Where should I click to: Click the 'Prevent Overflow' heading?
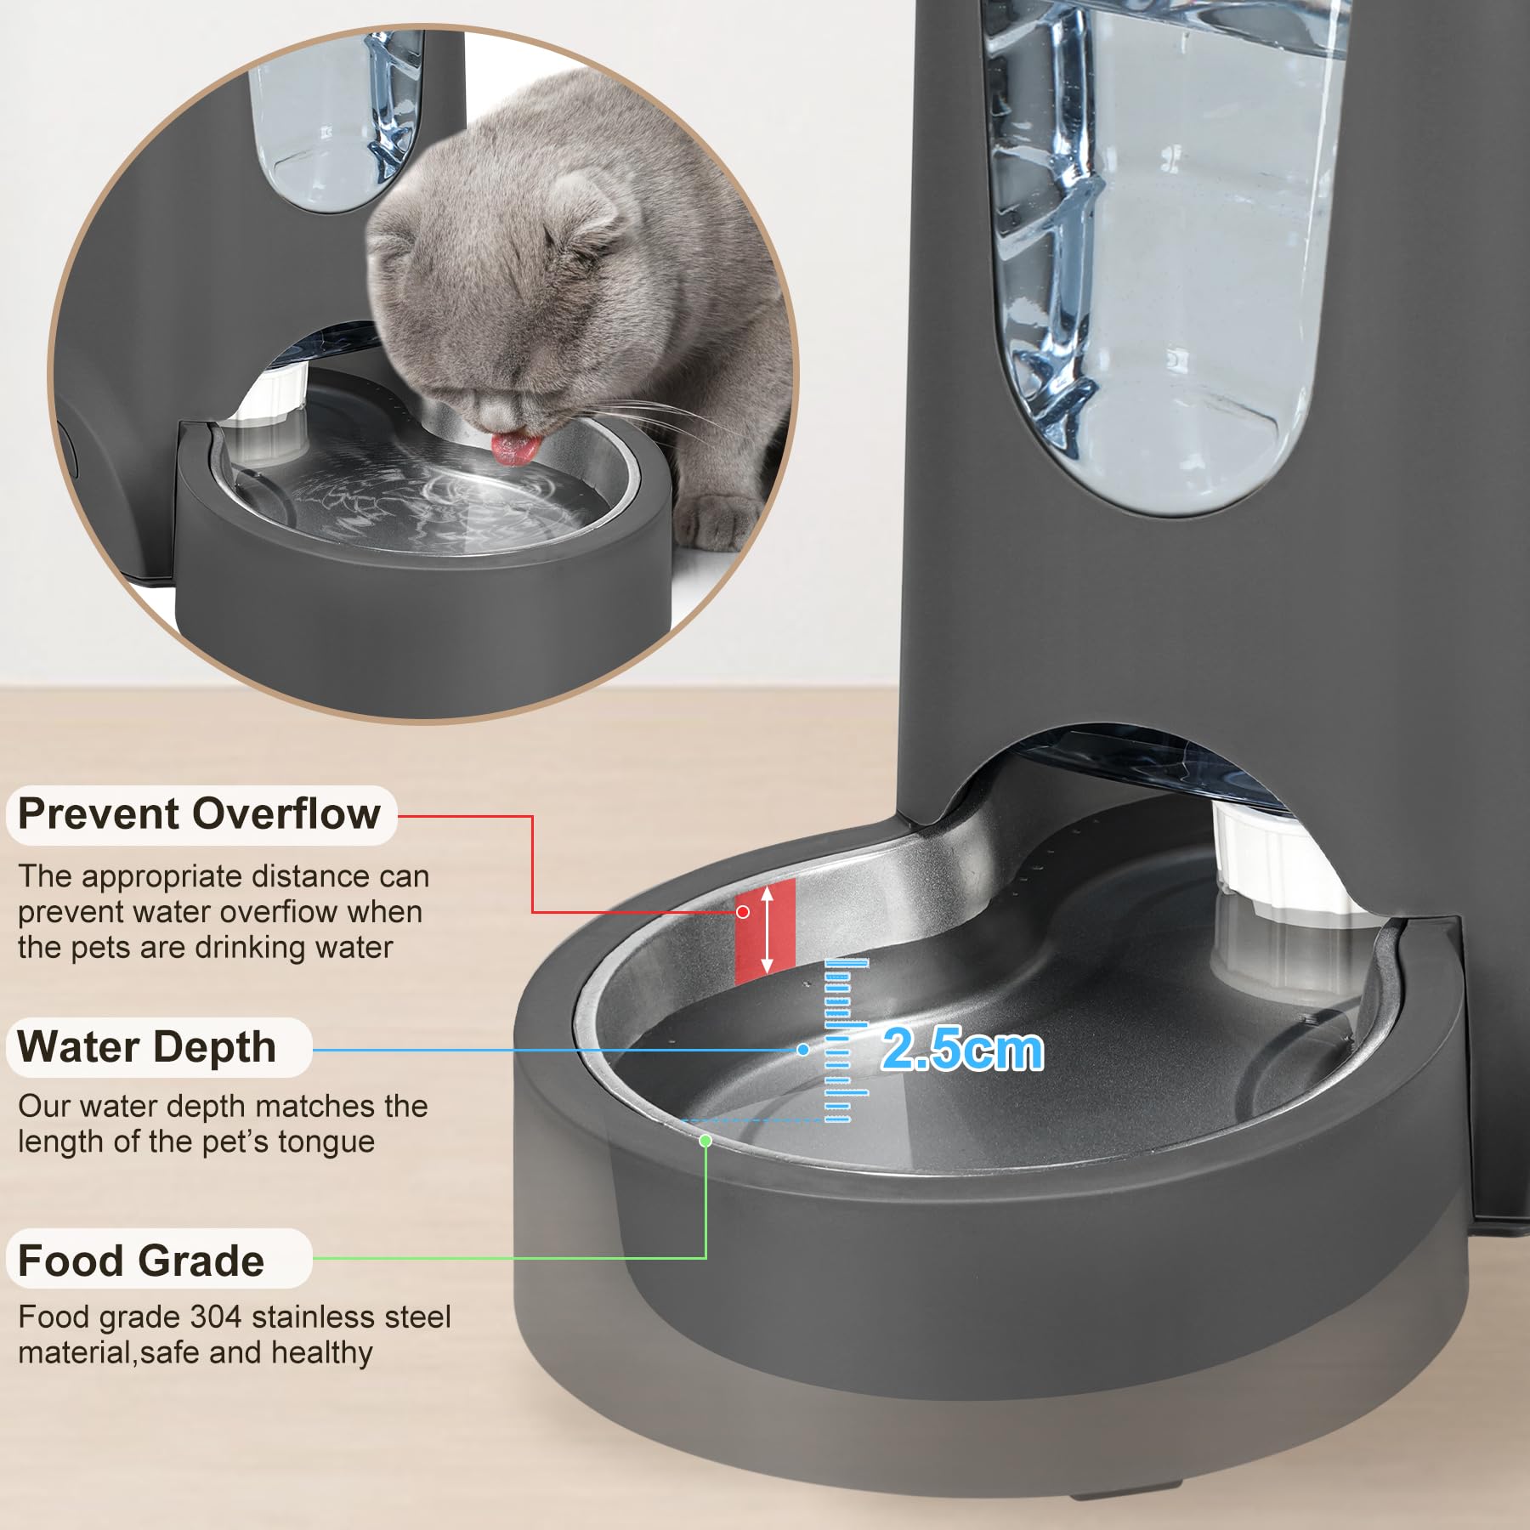(200, 814)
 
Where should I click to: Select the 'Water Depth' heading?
(146, 1046)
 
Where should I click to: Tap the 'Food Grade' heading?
(141, 1260)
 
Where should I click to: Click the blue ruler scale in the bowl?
(846, 1041)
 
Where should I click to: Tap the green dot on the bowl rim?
(705, 1141)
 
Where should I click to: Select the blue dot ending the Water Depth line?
(802, 1050)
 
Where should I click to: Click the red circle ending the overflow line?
(743, 911)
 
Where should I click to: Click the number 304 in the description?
(217, 1317)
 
